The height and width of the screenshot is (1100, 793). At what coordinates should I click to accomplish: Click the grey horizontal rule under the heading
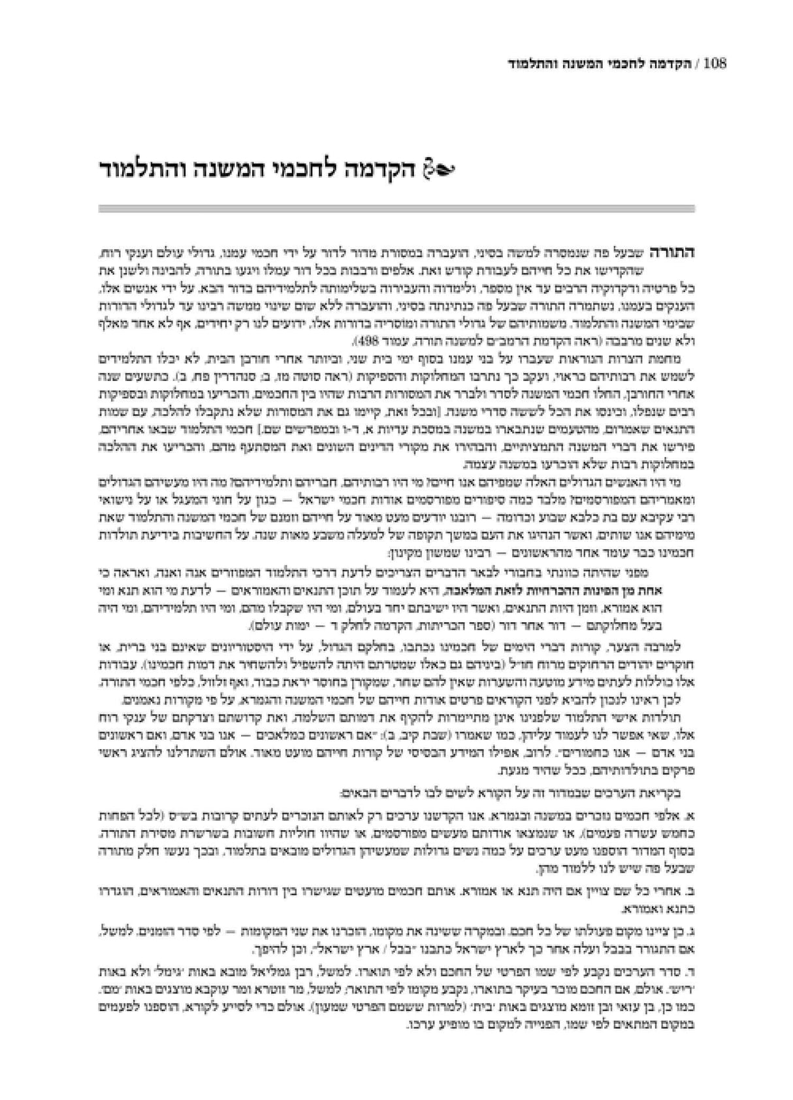pos(396,208)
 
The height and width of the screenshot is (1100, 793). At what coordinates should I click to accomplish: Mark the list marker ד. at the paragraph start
pos(690,965)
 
